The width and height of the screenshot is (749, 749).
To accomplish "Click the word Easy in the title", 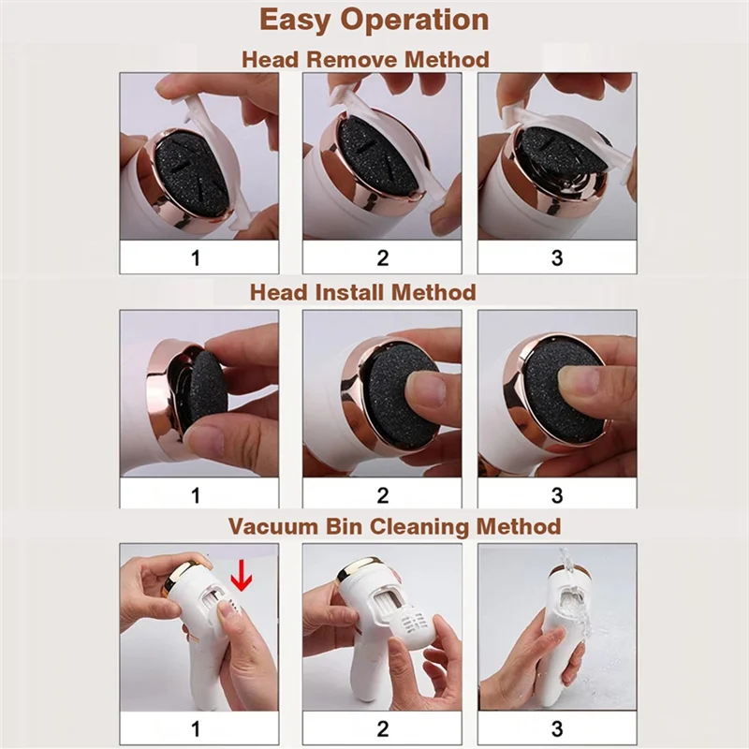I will click(x=301, y=21).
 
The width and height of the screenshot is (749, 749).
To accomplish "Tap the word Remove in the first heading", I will click(x=356, y=59).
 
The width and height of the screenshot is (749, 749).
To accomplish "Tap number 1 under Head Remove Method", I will click(x=196, y=257).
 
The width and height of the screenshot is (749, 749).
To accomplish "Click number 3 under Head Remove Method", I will click(x=557, y=257).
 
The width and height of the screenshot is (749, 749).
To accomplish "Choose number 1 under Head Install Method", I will click(x=196, y=493).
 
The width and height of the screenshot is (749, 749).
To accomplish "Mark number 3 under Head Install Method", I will click(x=557, y=493).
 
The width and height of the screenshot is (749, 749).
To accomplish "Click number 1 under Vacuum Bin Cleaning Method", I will click(x=196, y=727).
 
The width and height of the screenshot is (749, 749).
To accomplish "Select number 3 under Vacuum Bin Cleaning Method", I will click(x=557, y=727).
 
